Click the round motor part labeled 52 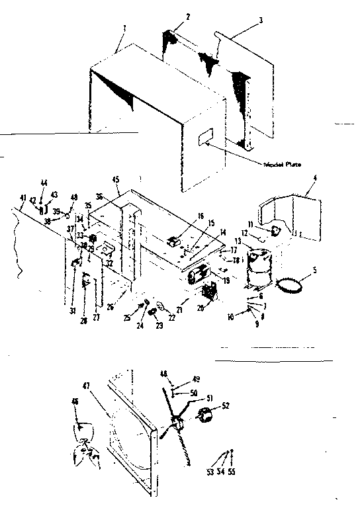[207, 418]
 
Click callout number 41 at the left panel [22, 198]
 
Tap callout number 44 [44, 183]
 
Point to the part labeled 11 [275, 230]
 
